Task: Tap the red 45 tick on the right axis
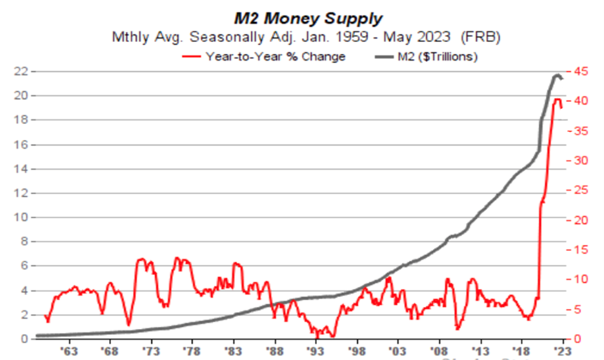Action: [581, 71]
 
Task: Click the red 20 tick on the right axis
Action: [581, 220]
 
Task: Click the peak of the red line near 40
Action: [556, 99]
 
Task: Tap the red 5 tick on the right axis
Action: [579, 309]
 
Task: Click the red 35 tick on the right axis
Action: [581, 130]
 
